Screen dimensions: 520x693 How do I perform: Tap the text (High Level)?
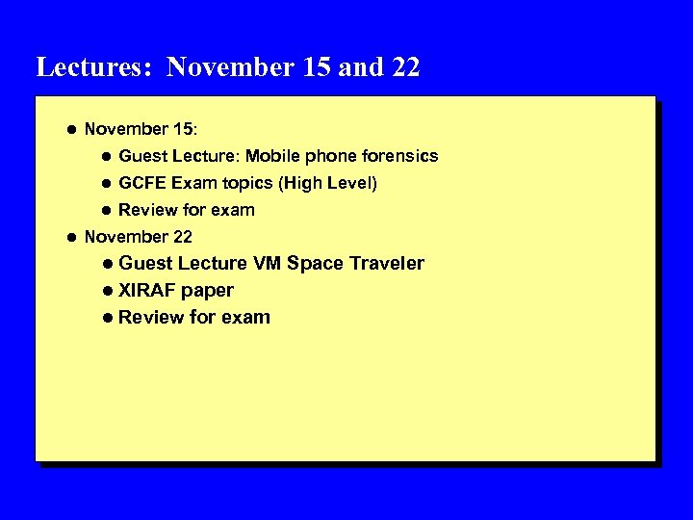(327, 183)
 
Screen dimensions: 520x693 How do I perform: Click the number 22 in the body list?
(182, 237)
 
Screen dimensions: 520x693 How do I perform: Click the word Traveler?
(386, 264)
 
